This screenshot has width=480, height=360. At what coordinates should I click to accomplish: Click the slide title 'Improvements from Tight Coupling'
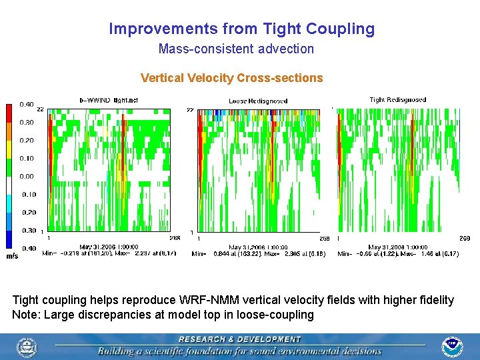pos(241,29)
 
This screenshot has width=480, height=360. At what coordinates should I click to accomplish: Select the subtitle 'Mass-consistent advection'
pos(236,49)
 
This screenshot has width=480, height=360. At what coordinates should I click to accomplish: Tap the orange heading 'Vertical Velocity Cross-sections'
pos(231,78)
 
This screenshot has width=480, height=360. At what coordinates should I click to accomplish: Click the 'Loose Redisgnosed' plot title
pos(258,101)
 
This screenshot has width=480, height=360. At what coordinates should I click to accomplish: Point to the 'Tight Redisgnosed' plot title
pos(398,100)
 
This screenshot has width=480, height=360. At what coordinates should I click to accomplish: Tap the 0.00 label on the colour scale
pos(26,177)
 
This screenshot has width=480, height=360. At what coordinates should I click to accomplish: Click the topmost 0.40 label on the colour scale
pos(26,104)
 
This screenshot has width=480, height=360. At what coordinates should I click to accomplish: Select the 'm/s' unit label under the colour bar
pos(12,256)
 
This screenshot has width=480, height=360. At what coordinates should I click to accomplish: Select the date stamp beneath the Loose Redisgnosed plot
pos(258,247)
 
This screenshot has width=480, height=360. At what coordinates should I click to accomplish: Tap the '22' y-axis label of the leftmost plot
pos(40,109)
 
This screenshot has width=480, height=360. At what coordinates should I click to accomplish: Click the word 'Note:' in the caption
pos(26,314)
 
